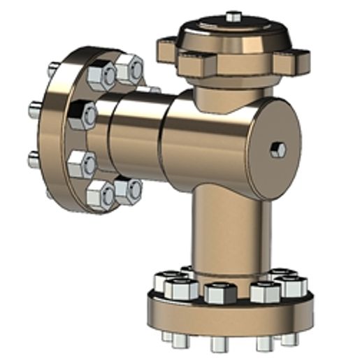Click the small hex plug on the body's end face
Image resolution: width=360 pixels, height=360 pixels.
[x=279, y=150]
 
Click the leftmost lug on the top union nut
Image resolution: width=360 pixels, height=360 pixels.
[x=168, y=49]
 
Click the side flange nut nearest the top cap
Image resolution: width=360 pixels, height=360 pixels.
[x=129, y=69]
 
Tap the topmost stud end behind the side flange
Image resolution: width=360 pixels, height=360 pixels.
[x=53, y=70]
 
